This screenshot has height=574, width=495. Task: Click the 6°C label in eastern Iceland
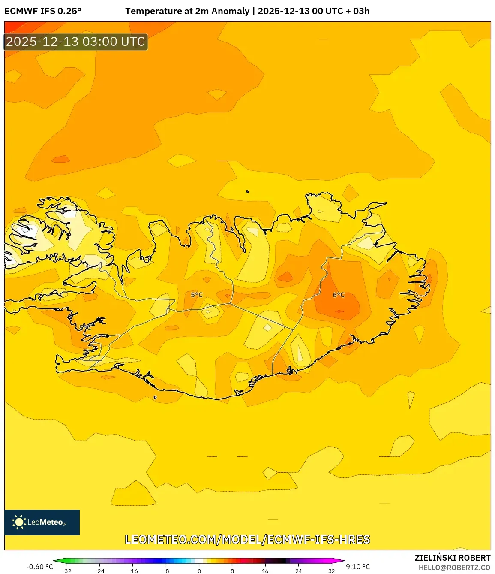click(x=339, y=295)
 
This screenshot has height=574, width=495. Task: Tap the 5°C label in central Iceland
click(x=197, y=295)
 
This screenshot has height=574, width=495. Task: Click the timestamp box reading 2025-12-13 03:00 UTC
click(x=76, y=42)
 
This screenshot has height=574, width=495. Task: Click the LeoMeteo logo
click(x=42, y=522)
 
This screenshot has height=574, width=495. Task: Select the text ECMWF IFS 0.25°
click(x=43, y=11)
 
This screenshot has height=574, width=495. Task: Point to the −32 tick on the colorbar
click(x=66, y=571)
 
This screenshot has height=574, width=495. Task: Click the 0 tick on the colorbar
click(x=199, y=571)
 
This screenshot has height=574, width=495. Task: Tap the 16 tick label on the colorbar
click(x=265, y=571)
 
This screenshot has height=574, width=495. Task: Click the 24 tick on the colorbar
click(x=299, y=571)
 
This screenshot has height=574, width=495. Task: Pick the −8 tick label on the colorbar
click(x=166, y=571)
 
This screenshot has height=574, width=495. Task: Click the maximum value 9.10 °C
click(x=358, y=567)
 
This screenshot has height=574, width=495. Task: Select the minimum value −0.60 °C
click(x=39, y=567)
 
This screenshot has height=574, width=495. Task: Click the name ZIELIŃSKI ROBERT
click(x=453, y=558)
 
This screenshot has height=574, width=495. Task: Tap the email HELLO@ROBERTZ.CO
click(x=454, y=568)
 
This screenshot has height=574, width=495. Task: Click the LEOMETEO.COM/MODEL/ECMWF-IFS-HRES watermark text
click(x=247, y=539)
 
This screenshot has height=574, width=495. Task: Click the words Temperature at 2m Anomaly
click(x=187, y=11)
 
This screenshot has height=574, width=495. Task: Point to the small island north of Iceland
click(x=248, y=192)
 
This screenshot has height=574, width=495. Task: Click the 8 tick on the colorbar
click(x=232, y=571)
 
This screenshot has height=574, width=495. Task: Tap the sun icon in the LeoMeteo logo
click(x=19, y=522)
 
